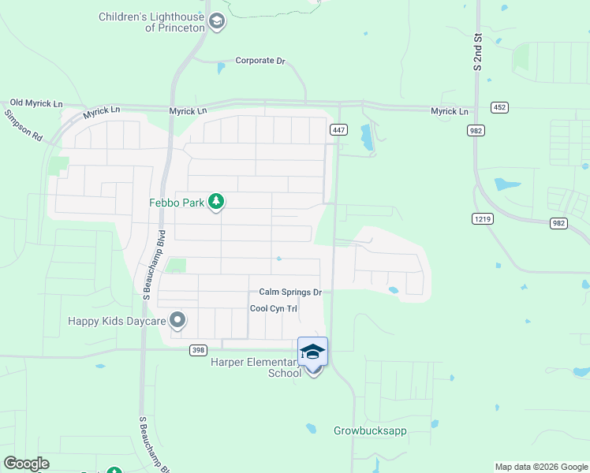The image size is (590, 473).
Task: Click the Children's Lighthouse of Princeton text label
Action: [152, 22]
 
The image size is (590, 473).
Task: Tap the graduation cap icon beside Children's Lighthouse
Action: [218, 22]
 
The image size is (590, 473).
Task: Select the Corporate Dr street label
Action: [260, 61]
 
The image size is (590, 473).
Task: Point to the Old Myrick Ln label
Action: [36, 103]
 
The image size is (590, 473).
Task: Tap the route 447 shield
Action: [338, 129]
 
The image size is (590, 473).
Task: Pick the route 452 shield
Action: [499, 106]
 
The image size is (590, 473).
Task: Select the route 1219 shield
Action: [483, 218]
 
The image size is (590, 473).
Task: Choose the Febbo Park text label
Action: [177, 203]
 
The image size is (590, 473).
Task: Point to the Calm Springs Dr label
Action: [290, 292]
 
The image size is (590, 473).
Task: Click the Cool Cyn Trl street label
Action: [273, 309]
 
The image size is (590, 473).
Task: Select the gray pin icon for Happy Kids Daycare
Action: [177, 320]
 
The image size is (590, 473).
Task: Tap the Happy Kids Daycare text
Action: [117, 321]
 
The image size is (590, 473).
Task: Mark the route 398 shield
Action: [199, 349]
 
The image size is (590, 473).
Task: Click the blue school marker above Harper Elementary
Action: [313, 352]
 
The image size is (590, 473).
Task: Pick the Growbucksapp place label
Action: [370, 431]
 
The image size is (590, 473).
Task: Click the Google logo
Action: [26, 464]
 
